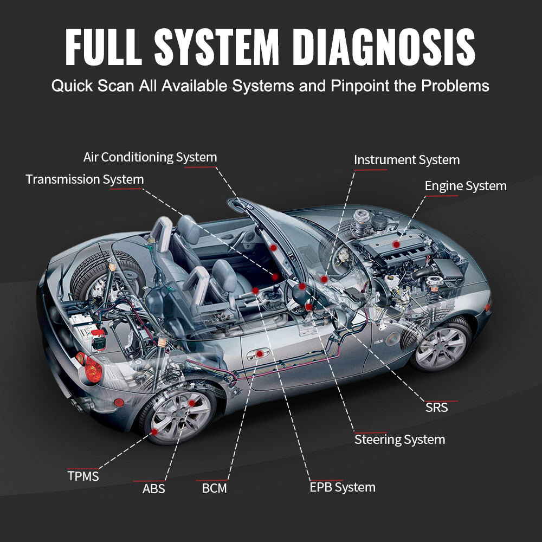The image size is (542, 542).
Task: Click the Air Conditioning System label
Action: pyautogui.click(x=150, y=157)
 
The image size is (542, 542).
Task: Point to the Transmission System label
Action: pyautogui.click(x=85, y=179)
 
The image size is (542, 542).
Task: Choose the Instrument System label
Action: pyautogui.click(x=406, y=160)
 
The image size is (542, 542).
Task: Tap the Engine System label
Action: pyautogui.click(x=466, y=186)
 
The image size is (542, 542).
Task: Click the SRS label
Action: pyautogui.click(x=437, y=407)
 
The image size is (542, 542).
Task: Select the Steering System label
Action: pyautogui.click(x=399, y=439)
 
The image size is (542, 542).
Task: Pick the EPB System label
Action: pyautogui.click(x=342, y=487)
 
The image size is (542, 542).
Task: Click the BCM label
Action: pyautogui.click(x=214, y=488)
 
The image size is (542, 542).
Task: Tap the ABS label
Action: pyautogui.click(x=153, y=488)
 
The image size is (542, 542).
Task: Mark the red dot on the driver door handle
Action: pyautogui.click(x=260, y=353)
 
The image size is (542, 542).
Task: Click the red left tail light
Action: pyautogui.click(x=93, y=370)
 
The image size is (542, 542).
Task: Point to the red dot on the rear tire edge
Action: pyautogui.click(x=155, y=432)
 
